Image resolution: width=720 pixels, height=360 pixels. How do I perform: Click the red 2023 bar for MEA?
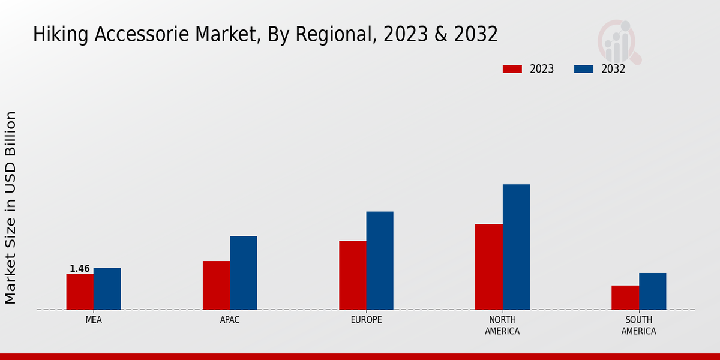tap(80, 292)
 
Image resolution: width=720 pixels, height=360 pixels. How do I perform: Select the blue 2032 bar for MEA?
tap(107, 289)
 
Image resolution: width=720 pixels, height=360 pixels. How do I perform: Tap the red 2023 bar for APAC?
tap(216, 286)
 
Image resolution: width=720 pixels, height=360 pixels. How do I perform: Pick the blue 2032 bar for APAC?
tap(243, 273)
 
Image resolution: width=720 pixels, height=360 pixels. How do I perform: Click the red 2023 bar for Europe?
tap(352, 275)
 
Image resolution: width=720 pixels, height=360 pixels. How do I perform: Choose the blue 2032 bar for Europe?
tap(380, 260)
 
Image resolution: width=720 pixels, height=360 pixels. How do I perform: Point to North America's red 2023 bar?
tap(488, 267)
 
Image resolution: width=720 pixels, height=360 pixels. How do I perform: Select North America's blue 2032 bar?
tap(516, 247)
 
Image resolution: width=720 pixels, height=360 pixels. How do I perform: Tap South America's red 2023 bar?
tap(625, 298)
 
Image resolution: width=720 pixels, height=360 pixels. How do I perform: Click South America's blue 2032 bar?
tap(652, 292)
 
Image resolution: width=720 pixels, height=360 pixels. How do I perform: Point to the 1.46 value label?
tap(80, 269)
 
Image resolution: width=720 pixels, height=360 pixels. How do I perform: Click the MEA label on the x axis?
tap(94, 320)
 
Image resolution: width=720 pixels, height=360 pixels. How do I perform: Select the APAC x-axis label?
tap(230, 320)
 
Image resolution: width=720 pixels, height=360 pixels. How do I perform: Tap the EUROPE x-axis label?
tap(366, 320)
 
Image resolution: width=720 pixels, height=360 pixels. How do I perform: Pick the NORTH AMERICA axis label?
tap(503, 326)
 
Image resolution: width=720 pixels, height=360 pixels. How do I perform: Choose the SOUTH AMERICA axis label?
tap(638, 326)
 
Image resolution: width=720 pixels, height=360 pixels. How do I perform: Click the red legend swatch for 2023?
tap(512, 69)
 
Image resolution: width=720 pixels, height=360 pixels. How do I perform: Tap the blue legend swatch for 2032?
tap(584, 69)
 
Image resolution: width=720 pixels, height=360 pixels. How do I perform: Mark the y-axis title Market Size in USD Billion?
tap(11, 207)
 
